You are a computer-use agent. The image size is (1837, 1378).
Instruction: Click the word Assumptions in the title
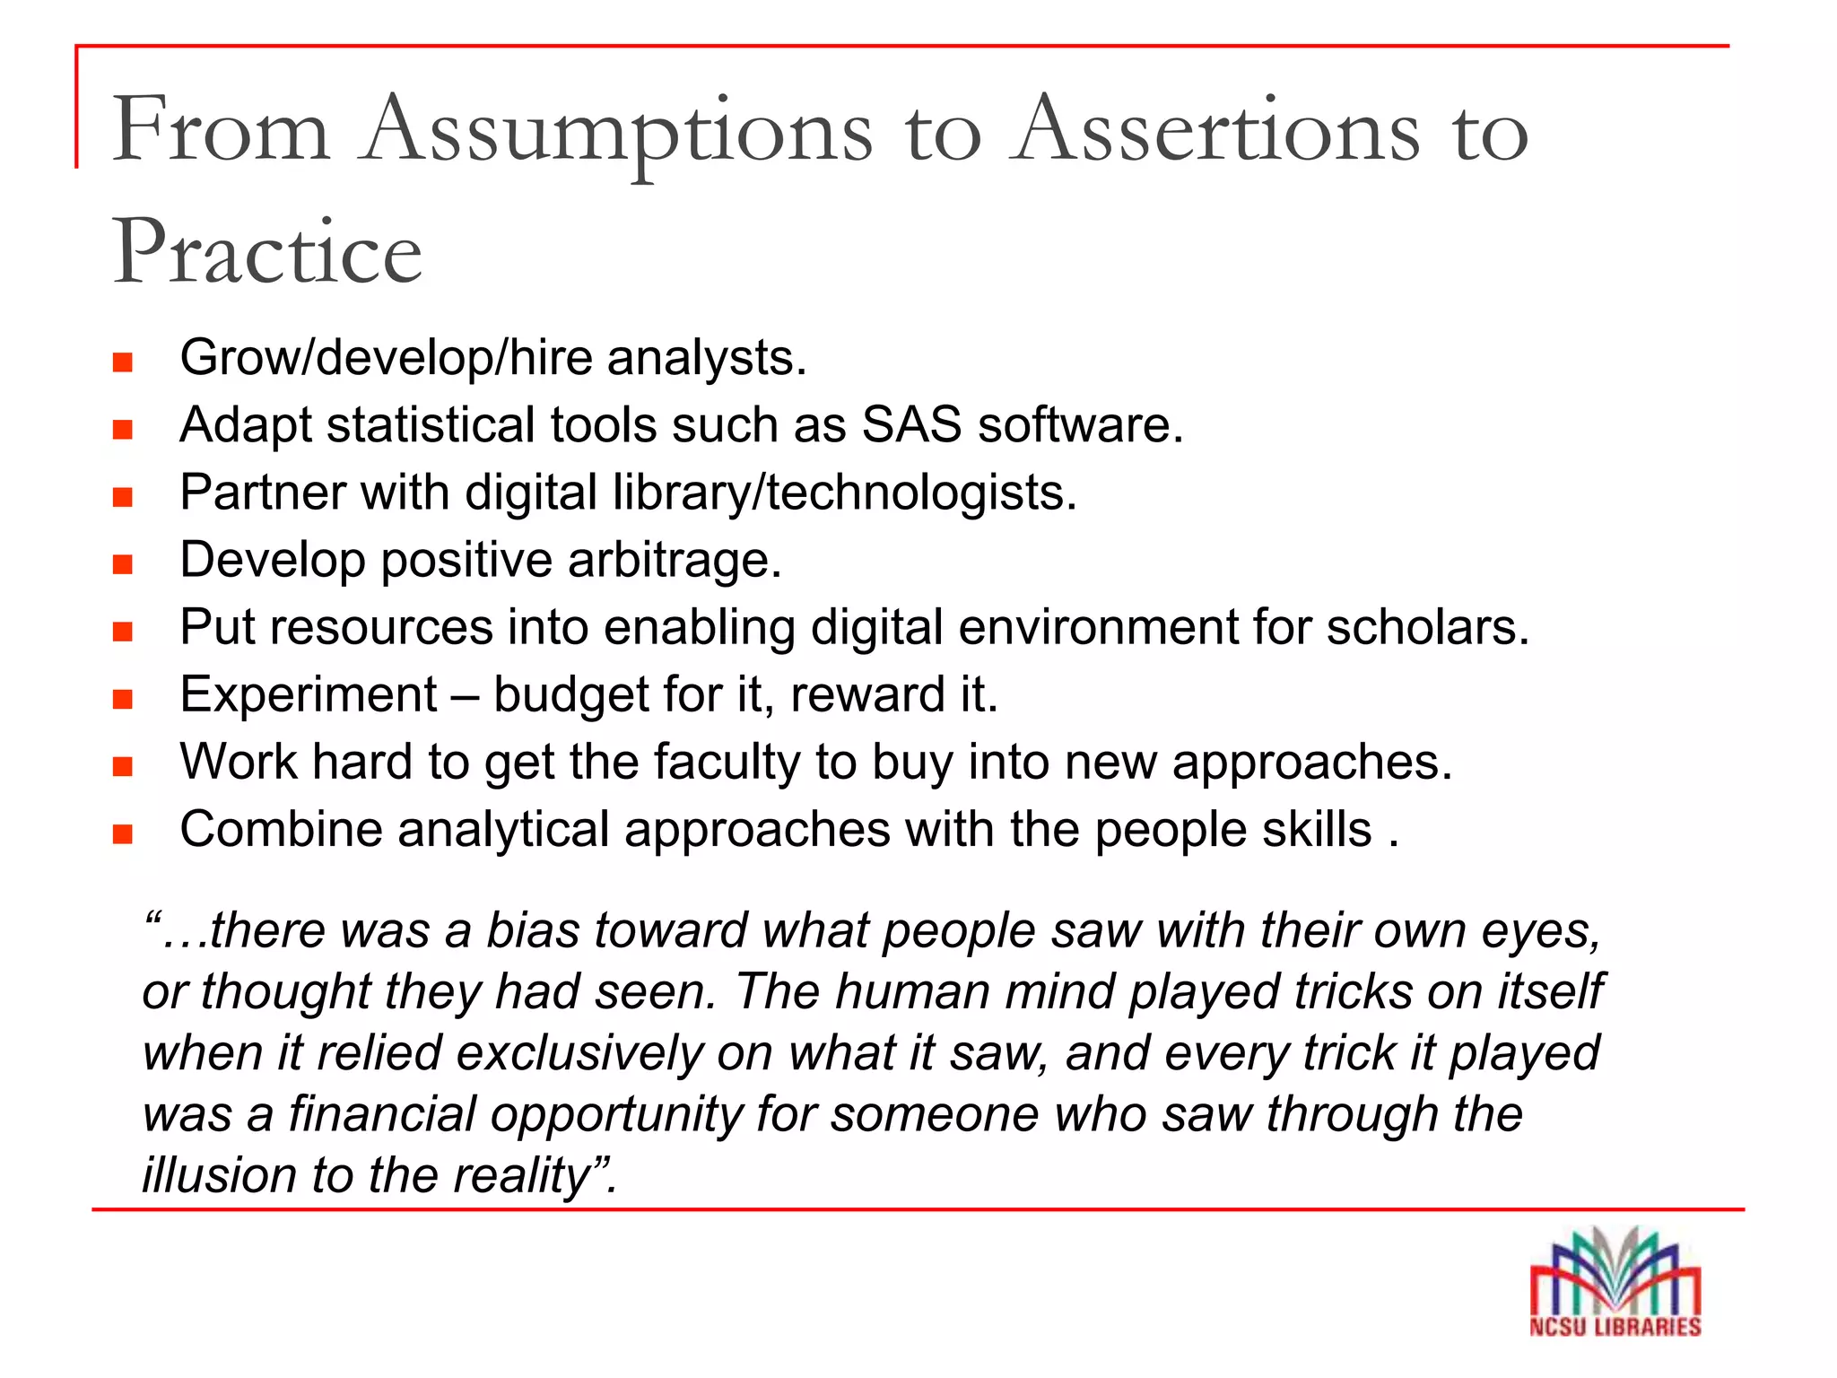click(x=617, y=133)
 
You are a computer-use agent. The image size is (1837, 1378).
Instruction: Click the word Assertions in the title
click(x=1216, y=131)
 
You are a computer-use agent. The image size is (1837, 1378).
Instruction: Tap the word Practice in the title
click(x=267, y=253)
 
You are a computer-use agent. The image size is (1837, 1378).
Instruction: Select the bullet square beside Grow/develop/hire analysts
click(x=123, y=362)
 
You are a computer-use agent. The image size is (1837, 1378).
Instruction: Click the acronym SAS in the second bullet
click(x=911, y=424)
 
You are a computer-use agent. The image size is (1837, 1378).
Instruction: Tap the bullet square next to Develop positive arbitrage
click(x=123, y=564)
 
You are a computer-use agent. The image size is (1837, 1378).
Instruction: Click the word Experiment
click(x=309, y=695)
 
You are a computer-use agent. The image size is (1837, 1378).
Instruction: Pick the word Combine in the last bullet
click(x=281, y=829)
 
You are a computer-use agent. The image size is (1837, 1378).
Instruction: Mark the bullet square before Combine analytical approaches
click(x=123, y=834)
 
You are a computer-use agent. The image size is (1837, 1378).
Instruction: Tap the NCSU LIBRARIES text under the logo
click(x=1615, y=1327)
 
